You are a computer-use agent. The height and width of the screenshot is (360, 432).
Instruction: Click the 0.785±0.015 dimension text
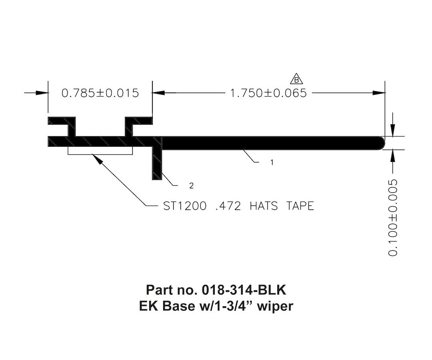point(100,93)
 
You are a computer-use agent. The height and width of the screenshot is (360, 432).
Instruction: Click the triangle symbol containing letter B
point(296,79)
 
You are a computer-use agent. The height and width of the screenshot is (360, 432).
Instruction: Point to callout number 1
point(272,162)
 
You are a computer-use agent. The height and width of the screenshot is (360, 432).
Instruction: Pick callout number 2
point(192,186)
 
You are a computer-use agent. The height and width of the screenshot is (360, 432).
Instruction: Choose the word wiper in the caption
point(276,306)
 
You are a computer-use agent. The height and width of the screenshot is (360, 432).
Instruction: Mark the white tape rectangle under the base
point(100,151)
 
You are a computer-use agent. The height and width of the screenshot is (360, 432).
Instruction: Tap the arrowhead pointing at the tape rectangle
point(96,158)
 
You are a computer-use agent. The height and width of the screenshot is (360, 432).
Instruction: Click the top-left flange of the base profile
point(62,120)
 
